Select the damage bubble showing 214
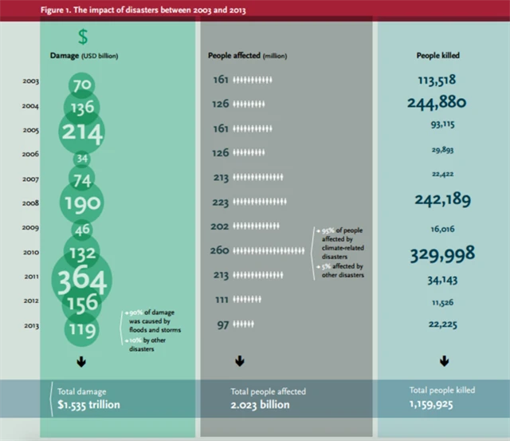[83, 132]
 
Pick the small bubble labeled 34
[82, 158]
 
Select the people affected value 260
[219, 250]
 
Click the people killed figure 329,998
[442, 254]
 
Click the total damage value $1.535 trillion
[89, 404]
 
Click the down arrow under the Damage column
[81, 362]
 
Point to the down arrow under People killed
[444, 362]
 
